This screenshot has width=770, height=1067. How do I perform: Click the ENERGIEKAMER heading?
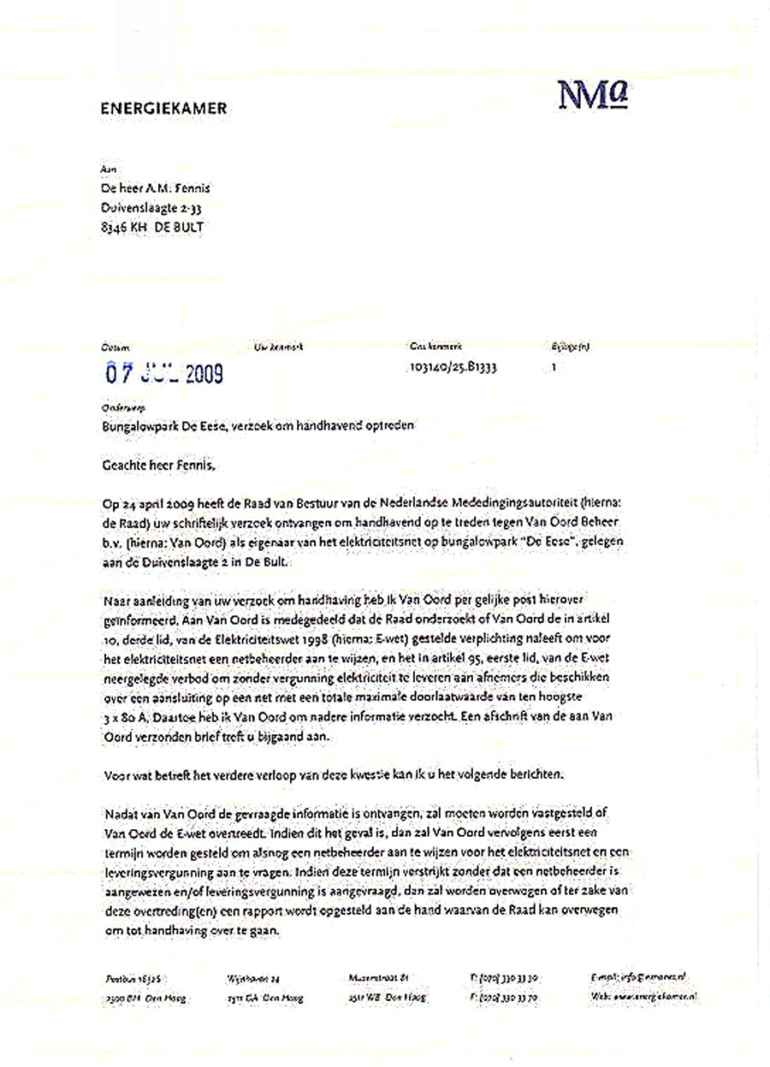[x=163, y=109]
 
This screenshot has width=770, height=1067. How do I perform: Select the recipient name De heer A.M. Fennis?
[x=155, y=188]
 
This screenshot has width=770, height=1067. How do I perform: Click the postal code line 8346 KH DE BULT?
[x=153, y=227]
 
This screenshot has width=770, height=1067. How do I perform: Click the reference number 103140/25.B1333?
[x=453, y=366]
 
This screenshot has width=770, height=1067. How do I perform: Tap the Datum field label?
[x=114, y=347]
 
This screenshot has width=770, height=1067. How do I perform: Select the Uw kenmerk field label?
[x=279, y=347]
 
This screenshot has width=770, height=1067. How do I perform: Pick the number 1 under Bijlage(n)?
[x=554, y=365]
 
